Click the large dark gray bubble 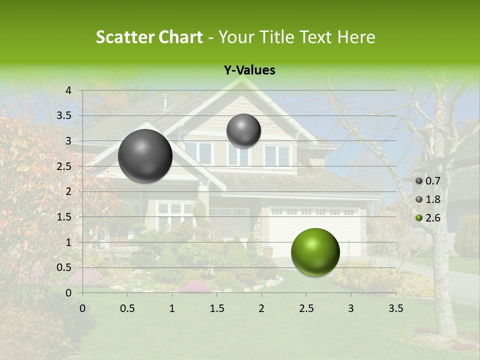[145, 155]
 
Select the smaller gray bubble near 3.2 [243, 130]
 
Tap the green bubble [315, 252]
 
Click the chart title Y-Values [249, 70]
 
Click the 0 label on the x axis [82, 308]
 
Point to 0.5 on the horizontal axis [127, 308]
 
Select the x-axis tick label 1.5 [216, 308]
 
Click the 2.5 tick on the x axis [306, 308]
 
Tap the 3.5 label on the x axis [395, 308]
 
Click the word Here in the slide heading [356, 37]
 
